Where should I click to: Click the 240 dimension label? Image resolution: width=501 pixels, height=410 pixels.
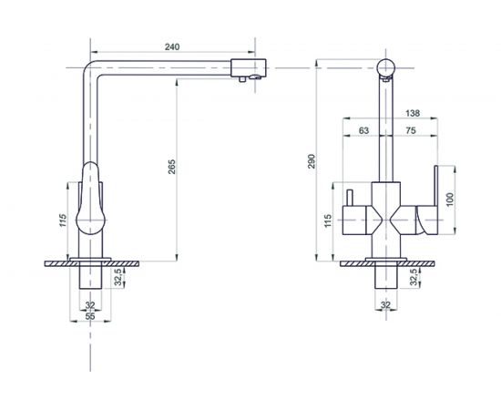172,46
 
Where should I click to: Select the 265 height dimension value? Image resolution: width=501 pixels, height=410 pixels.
172,167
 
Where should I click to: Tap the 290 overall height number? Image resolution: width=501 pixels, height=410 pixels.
312,161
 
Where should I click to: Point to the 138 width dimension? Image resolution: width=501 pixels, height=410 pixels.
413,113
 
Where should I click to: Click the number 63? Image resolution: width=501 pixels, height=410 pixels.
363,130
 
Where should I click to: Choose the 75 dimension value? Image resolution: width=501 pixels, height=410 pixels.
411,130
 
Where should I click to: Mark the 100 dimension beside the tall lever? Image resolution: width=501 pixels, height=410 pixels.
450,200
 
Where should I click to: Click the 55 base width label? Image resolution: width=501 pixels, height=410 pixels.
90,316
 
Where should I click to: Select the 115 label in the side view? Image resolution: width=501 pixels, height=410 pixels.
63,220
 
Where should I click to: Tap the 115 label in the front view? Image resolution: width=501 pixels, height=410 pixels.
328,220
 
